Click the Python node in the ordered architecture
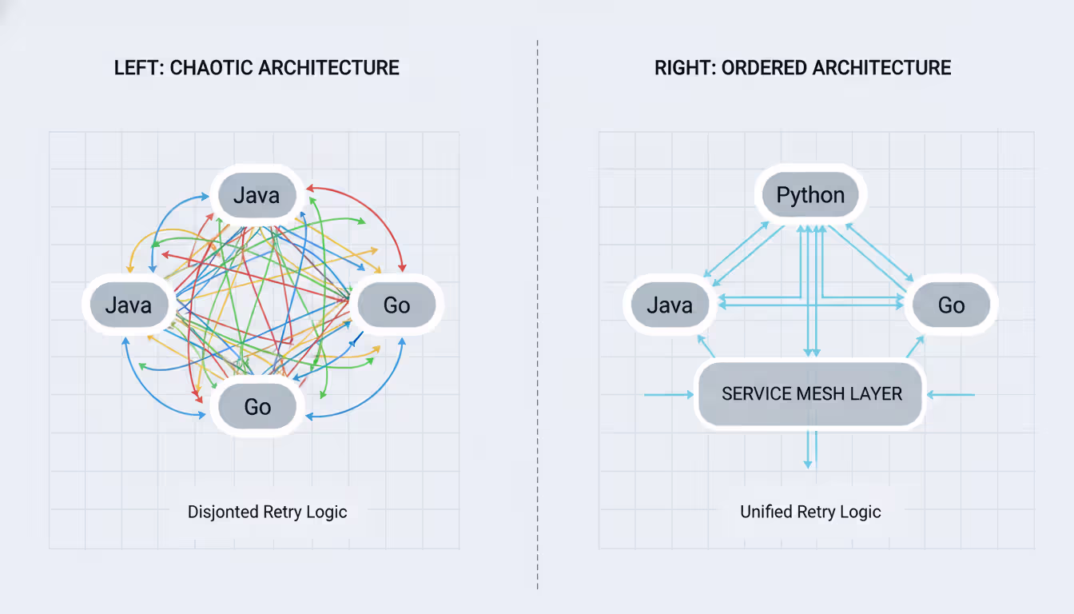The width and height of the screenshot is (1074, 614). pyautogui.click(x=810, y=195)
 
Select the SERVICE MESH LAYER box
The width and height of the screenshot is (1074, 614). pyautogui.click(x=811, y=393)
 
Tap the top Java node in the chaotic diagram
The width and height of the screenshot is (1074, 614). pyautogui.click(x=256, y=195)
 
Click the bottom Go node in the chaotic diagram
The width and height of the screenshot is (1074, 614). pyautogui.click(x=257, y=406)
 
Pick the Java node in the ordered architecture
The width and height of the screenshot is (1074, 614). pyautogui.click(x=670, y=305)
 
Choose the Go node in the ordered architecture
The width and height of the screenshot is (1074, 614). pyautogui.click(x=951, y=305)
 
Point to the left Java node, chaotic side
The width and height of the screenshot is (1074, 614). pyautogui.click(x=129, y=305)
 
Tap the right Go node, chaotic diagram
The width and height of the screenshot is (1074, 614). pyautogui.click(x=396, y=305)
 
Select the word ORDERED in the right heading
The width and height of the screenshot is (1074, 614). pyautogui.click(x=759, y=67)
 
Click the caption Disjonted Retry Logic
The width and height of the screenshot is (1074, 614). pyautogui.click(x=267, y=512)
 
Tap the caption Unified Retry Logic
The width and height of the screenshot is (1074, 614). pyautogui.click(x=810, y=512)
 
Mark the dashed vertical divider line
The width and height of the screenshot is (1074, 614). pyautogui.click(x=538, y=320)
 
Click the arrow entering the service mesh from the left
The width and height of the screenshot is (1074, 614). pyautogui.click(x=668, y=394)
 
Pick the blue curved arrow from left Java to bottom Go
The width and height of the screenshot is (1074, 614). pyautogui.click(x=148, y=384)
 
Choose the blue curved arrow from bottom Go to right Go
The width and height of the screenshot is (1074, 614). pyautogui.click(x=376, y=396)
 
